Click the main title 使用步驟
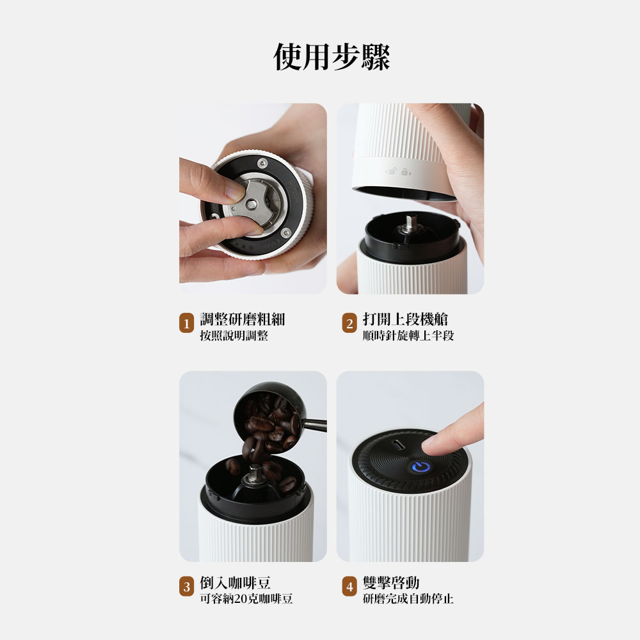pos(332,57)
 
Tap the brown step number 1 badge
pos(186,323)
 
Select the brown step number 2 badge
pos(349,323)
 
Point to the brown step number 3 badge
pos(186,586)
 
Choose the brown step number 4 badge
pos(349,586)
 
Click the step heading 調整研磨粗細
pos(243,319)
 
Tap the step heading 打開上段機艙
pos(405,319)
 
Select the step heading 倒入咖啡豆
pos(235,582)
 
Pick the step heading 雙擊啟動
pos(391,582)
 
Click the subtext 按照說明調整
pos(234,335)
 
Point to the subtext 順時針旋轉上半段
pos(408,335)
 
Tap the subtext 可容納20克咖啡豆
pos(246,599)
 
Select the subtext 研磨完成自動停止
pos(408,599)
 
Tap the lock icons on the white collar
pos(398,172)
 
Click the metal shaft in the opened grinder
pos(408,225)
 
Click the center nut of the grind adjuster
pos(251,202)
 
